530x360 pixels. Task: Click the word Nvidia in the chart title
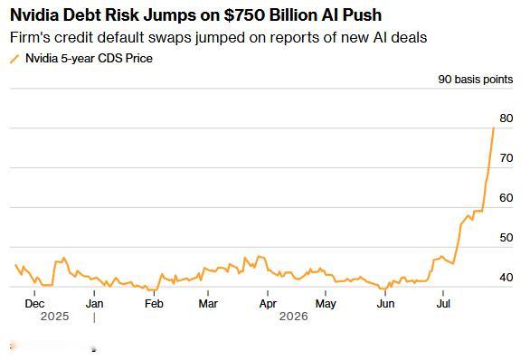tap(34, 14)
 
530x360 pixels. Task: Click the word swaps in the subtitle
tap(170, 38)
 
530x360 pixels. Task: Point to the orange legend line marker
tap(14, 59)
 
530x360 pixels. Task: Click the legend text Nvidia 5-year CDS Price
tap(89, 59)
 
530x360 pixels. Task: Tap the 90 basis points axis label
tap(475, 80)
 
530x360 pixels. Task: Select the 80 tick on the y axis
tap(506, 118)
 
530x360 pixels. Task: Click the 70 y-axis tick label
tap(506, 158)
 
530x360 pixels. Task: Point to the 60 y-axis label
tap(506, 198)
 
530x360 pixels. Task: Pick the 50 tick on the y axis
tap(506, 238)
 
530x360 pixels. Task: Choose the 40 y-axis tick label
tap(506, 277)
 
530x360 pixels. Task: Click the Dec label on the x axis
tap(34, 304)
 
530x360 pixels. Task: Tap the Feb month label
tap(154, 304)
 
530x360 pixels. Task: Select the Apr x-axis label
tap(268, 304)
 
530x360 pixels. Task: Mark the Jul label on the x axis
tap(443, 304)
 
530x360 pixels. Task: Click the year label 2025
tap(55, 317)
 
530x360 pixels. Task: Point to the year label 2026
tap(294, 317)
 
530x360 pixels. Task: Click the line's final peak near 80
tap(494, 128)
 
